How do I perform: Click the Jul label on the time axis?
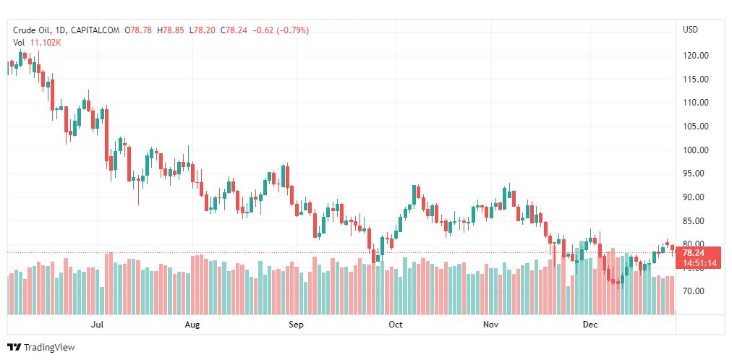pos(98,325)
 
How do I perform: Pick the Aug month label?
pos(192,325)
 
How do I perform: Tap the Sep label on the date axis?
pos(295,325)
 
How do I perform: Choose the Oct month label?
pos(395,325)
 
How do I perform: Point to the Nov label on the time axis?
pos(491,325)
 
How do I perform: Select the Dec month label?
pos(590,325)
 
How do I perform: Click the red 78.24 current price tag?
pos(693,252)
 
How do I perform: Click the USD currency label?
pos(690,30)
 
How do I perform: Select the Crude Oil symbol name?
pos(31,30)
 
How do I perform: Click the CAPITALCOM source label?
pos(95,30)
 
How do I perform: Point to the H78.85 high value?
pos(173,30)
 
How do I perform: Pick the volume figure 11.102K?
pos(46,43)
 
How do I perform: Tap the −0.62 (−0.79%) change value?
pos(281,30)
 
